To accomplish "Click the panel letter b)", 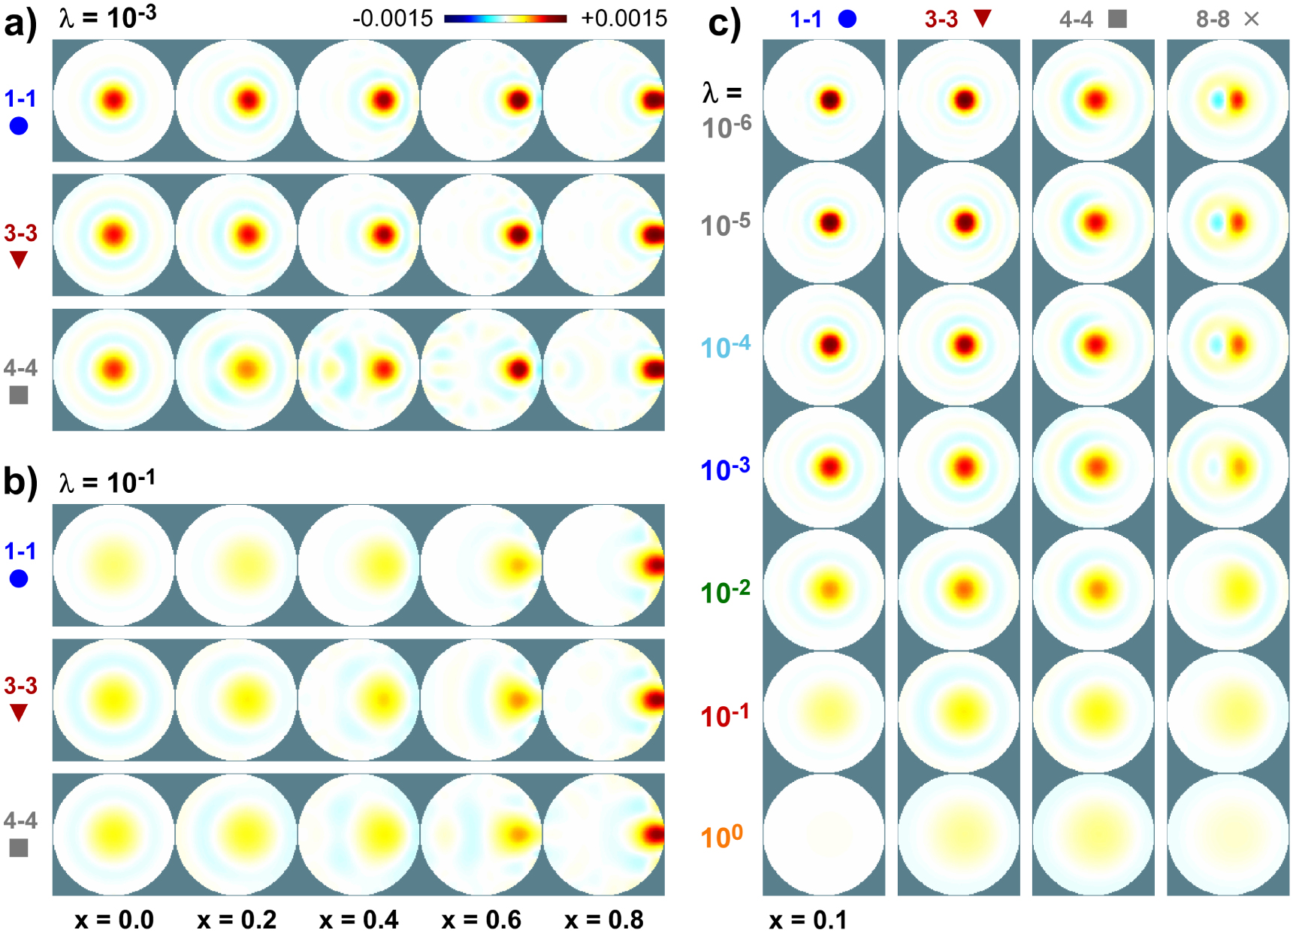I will coord(20,481).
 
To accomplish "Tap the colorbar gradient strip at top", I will coord(505,18).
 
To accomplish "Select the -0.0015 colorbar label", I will coord(392,18).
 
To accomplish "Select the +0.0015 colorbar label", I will coord(624,18).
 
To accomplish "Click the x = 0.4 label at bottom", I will coord(358,919).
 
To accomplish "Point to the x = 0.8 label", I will coord(603,919).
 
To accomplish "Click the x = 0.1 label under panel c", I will coord(808,919).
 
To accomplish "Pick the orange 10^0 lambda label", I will coord(721,835).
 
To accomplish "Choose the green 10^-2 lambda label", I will coord(724,592).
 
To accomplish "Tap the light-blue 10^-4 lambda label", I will coord(724,346).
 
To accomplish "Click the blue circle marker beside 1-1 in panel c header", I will coord(847,19).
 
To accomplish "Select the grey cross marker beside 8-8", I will coord(1251,19).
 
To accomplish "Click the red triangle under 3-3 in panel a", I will coord(19,260).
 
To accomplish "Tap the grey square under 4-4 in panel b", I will coord(19,847).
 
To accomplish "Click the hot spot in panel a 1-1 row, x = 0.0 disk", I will coord(114,100).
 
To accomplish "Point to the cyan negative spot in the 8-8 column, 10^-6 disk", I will coord(1217,99).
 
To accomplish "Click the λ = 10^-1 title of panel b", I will coord(107,481).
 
